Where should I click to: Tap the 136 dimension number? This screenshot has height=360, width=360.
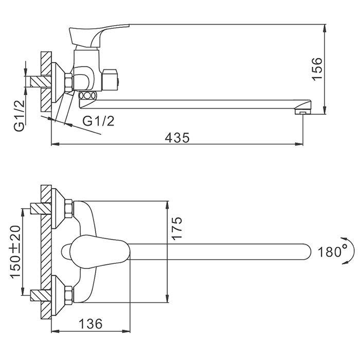click(91, 324)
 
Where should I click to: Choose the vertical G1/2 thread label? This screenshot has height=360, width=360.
click(19, 116)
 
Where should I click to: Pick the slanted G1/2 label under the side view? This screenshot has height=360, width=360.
click(98, 121)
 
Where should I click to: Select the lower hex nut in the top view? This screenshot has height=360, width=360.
click(68, 295)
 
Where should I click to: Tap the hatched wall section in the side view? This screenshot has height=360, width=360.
click(46, 82)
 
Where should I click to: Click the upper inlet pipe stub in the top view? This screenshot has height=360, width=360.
click(39, 209)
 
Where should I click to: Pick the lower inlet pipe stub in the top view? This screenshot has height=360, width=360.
click(39, 295)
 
